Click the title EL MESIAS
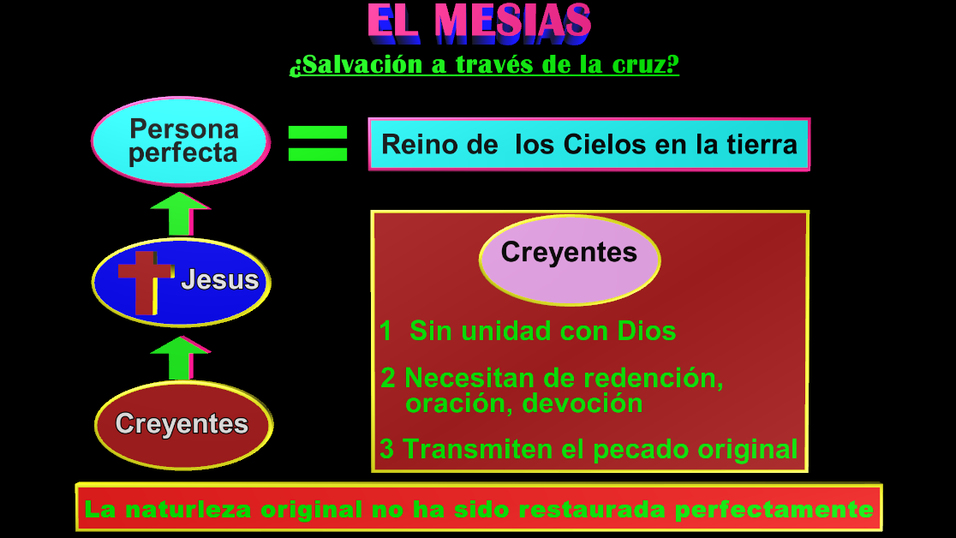click(x=479, y=23)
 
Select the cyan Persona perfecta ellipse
click(x=181, y=141)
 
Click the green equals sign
click(x=318, y=143)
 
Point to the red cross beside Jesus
click(x=143, y=281)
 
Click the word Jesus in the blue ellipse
click(x=219, y=280)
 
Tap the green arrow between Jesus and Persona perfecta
click(x=179, y=214)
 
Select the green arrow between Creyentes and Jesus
click(x=179, y=358)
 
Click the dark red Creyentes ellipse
click(x=182, y=425)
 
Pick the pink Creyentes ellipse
click(x=570, y=257)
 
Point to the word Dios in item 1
click(x=647, y=332)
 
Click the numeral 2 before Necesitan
click(x=388, y=377)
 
